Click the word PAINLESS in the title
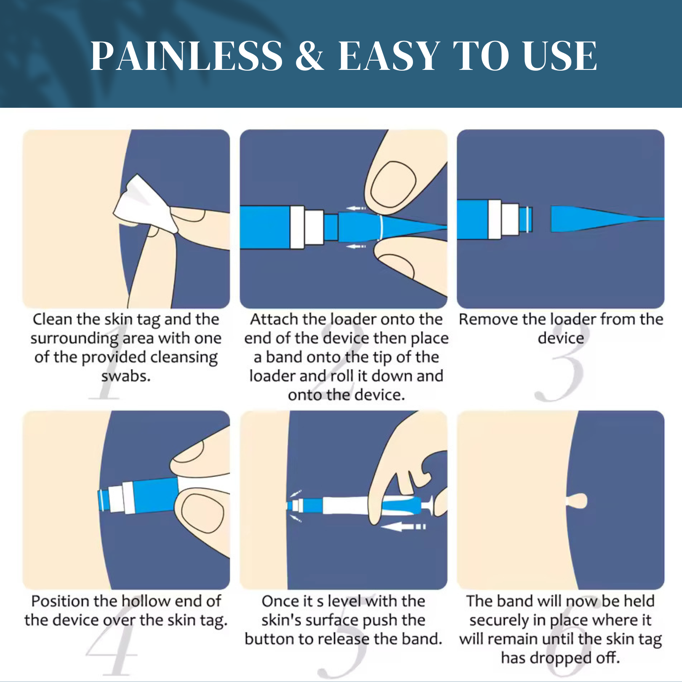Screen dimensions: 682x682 pos(187,56)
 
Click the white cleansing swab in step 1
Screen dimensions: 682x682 pos(145,204)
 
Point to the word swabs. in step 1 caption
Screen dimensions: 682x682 pos(126,376)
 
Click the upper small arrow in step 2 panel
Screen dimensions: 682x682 pos(356,208)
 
